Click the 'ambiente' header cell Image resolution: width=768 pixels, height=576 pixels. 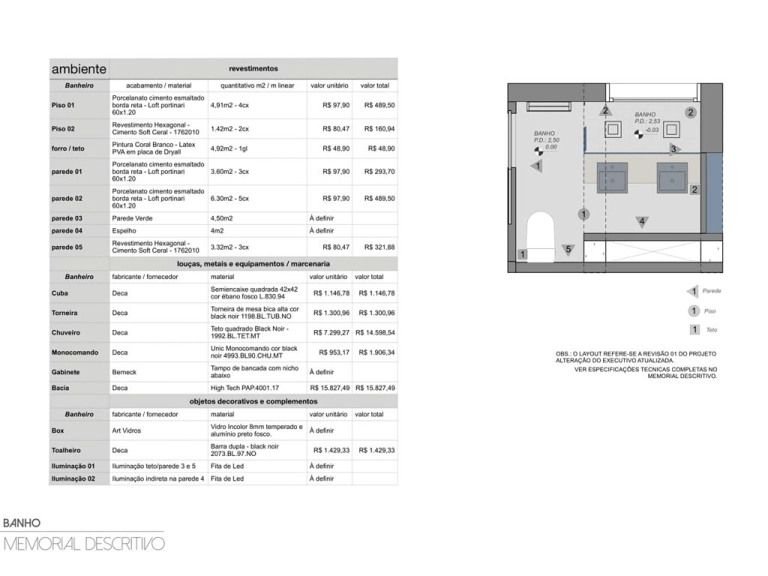click(79, 69)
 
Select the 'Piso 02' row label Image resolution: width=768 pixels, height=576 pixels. click(63, 129)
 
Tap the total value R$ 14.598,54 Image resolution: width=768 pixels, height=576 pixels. click(375, 332)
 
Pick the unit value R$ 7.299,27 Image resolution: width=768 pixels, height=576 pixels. click(331, 332)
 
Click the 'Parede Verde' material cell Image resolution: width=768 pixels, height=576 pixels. click(132, 218)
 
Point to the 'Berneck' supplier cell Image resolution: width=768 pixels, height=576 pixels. click(124, 372)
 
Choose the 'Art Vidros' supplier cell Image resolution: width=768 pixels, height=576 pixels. click(126, 430)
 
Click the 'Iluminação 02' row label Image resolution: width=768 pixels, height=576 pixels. click(73, 479)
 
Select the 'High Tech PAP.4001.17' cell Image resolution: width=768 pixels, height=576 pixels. click(245, 388)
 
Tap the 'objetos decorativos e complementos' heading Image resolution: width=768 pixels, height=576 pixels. click(253, 402)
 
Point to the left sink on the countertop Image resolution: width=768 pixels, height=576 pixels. click(612, 178)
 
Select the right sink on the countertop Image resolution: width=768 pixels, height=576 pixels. click(673, 178)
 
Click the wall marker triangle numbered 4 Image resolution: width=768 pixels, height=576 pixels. click(642, 222)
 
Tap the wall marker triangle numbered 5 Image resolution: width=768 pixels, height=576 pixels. click(568, 250)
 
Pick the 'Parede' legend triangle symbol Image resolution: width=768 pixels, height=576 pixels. click(692, 292)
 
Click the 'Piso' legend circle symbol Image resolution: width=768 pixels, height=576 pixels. click(694, 311)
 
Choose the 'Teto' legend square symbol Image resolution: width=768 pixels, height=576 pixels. click(694, 330)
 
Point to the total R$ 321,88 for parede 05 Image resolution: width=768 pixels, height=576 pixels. click(379, 247)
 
